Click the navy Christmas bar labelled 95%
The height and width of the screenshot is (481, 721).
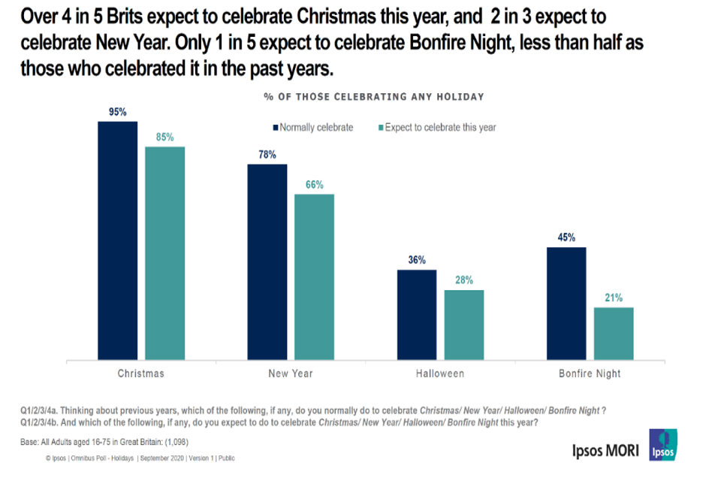(x=117, y=240)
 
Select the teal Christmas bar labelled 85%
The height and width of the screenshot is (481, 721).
(x=164, y=253)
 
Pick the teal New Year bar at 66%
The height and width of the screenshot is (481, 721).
(x=314, y=277)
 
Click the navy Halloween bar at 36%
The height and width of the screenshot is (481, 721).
(x=416, y=315)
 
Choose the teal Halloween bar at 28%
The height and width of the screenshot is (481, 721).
(x=464, y=325)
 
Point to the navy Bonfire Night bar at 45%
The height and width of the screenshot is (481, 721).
(x=566, y=304)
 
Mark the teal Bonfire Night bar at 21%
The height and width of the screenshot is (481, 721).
(x=614, y=334)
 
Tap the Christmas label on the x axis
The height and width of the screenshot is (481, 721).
(x=140, y=374)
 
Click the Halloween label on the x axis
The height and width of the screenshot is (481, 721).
(x=440, y=374)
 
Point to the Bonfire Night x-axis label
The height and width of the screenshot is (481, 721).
(x=590, y=374)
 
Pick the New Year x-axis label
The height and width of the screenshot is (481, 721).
(x=291, y=374)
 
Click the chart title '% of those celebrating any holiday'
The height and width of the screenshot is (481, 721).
(x=373, y=97)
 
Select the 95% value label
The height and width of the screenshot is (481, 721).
(x=117, y=112)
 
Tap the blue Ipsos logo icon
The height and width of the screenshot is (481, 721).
(x=662, y=445)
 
